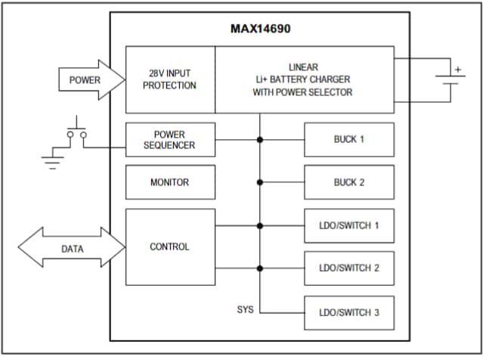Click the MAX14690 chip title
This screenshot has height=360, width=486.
tap(260, 29)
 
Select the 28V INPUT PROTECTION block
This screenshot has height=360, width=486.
tap(170, 79)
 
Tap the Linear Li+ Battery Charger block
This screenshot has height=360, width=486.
tap(304, 79)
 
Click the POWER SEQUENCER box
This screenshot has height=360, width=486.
tap(170, 140)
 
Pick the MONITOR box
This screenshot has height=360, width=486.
tap(170, 182)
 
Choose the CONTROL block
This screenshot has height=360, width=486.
tap(170, 247)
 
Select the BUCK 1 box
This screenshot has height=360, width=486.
tap(349, 140)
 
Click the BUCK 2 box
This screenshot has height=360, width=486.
tap(349, 182)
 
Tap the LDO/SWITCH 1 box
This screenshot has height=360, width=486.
tap(349, 225)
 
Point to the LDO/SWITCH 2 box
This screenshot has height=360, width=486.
tap(349, 268)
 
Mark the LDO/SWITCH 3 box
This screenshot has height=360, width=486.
tap(349, 312)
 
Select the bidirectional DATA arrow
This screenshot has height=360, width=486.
tap(73, 248)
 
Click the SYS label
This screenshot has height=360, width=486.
tap(246, 310)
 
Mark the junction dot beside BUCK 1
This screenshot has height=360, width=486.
tap(260, 140)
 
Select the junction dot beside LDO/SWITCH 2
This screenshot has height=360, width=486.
tap(260, 268)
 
